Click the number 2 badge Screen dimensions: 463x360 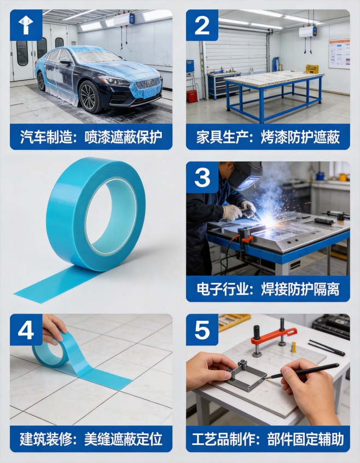click(x=202, y=25)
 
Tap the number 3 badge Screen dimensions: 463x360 click(x=202, y=177)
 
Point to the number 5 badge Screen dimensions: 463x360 click(x=202, y=329)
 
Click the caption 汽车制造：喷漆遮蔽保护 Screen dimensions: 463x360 click(x=91, y=137)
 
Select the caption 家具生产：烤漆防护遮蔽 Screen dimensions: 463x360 click(x=268, y=137)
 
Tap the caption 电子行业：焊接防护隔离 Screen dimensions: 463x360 click(x=268, y=288)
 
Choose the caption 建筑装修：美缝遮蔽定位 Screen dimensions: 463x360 click(x=91, y=439)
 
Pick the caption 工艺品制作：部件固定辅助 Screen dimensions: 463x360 click(x=268, y=439)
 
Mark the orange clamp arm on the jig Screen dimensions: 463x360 click(x=274, y=335)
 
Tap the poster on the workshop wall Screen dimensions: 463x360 click(x=339, y=54)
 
